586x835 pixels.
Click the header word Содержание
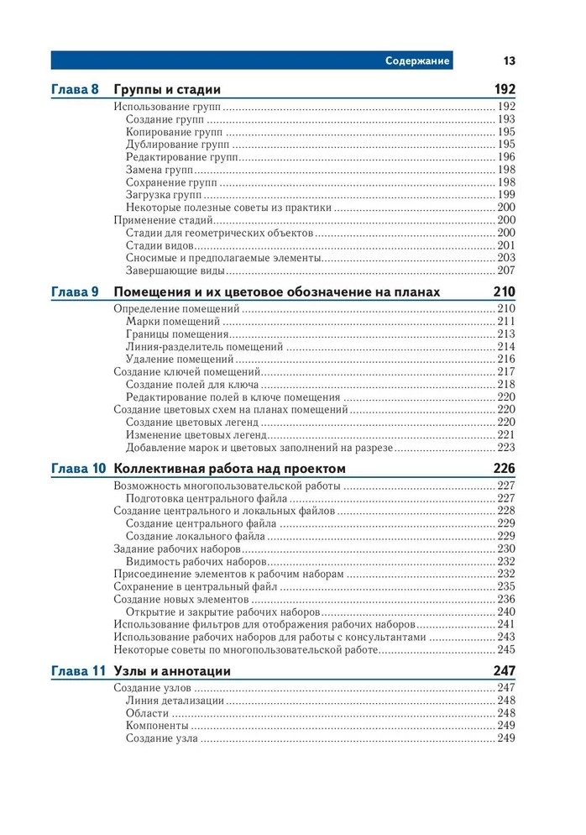[417, 60]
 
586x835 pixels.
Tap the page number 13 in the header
[509, 60]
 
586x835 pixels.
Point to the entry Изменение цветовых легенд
[196, 435]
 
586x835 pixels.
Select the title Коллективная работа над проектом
[228, 469]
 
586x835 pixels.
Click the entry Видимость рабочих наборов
[196, 561]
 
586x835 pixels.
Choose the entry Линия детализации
[175, 701]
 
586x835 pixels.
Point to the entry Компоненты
[157, 726]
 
